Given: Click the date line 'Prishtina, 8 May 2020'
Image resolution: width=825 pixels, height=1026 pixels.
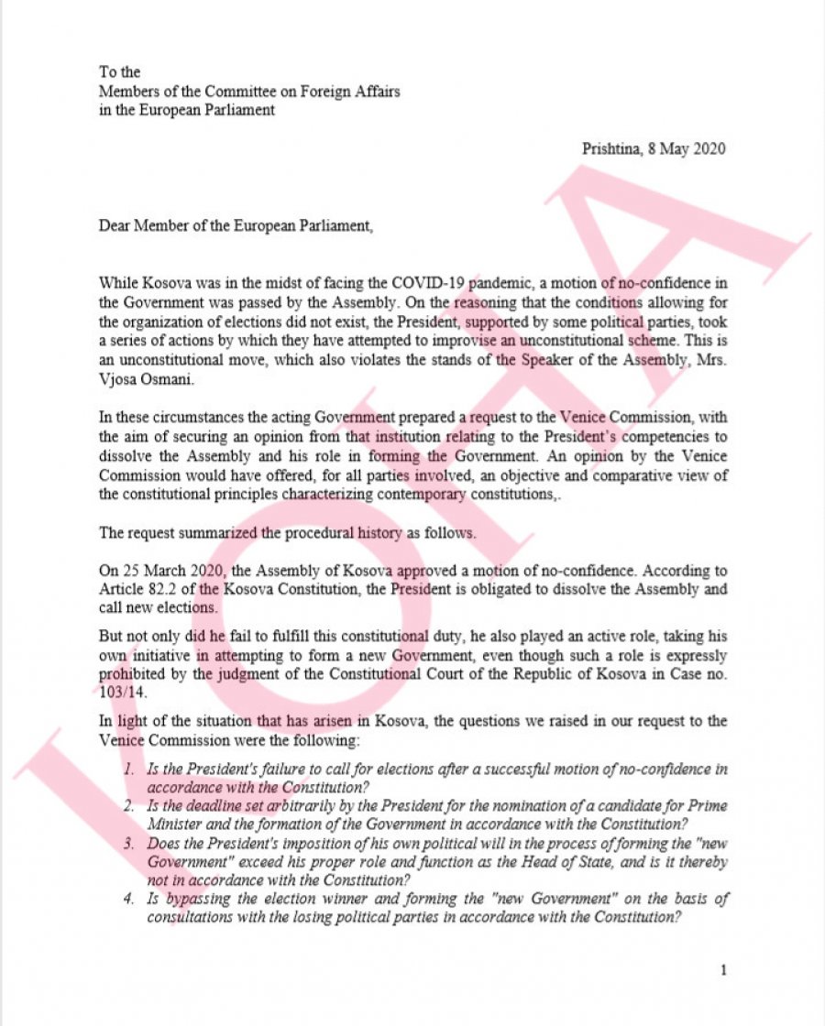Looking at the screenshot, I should pos(654,149).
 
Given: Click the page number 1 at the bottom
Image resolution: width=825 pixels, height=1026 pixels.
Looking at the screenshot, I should pos(723,970).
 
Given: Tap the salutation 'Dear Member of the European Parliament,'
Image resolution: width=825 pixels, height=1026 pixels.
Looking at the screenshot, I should pos(236,224).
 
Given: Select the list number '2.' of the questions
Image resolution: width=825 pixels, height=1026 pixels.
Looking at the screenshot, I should pos(130,806).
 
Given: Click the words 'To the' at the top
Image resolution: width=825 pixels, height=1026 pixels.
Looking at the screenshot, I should pos(118,72).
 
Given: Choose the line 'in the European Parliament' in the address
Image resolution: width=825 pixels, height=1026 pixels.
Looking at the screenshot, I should pos(187,111).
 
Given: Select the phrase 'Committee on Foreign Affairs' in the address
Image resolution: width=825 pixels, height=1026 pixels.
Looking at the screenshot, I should pos(309,92).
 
